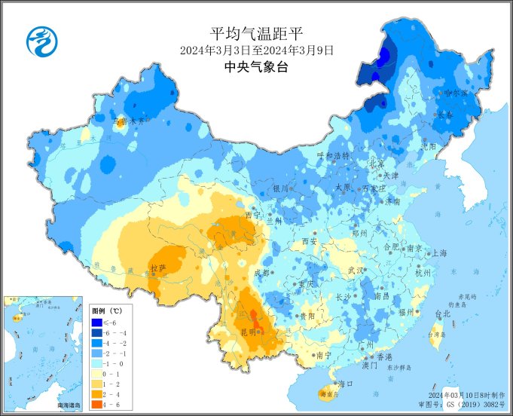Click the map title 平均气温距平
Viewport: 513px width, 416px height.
click(256, 34)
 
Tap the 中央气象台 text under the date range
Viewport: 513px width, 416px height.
click(256, 67)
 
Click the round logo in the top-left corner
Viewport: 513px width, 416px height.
click(42, 41)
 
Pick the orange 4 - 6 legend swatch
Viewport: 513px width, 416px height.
click(97, 404)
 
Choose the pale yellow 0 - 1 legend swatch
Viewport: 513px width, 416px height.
click(97, 372)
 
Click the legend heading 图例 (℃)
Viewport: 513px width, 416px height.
click(106, 310)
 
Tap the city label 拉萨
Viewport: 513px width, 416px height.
click(157, 268)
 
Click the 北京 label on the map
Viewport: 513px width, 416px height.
click(375, 164)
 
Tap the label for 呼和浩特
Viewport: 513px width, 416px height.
click(333, 155)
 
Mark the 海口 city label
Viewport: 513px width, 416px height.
click(345, 384)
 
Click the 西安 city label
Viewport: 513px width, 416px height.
click(310, 242)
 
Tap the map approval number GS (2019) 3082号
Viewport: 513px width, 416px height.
click(472, 405)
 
